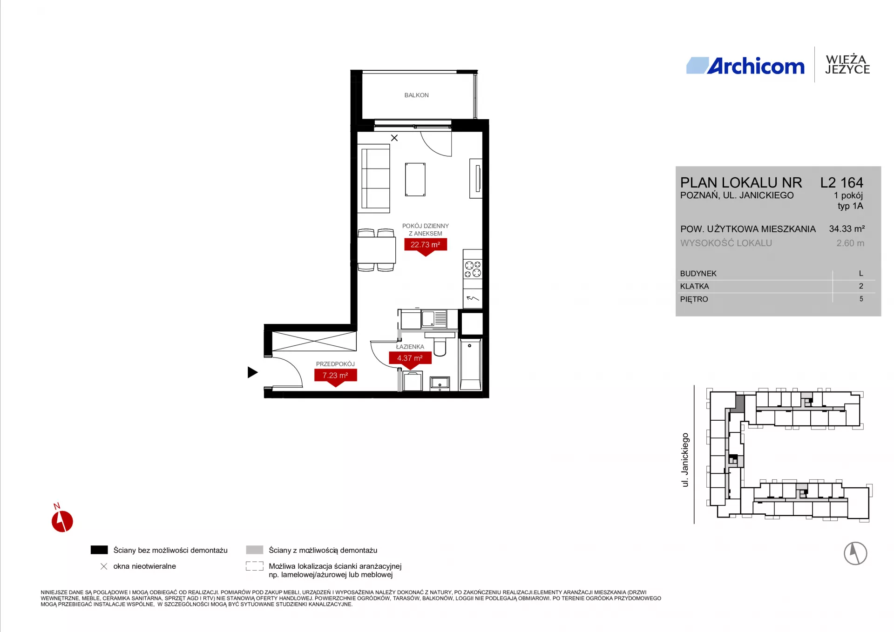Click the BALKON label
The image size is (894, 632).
[416, 95]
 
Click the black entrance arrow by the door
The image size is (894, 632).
[252, 372]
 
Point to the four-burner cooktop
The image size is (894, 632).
[473, 269]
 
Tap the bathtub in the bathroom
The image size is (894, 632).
[471, 364]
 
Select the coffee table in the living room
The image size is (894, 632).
[415, 180]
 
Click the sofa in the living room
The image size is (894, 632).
[374, 178]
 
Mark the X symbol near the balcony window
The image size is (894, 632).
[394, 138]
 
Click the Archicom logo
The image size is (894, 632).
[745, 66]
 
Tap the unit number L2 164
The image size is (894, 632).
[842, 182]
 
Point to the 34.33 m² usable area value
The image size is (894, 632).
[847, 229]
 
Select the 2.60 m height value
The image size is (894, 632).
[850, 243]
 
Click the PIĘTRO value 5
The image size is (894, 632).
[861, 299]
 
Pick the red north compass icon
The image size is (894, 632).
[62, 520]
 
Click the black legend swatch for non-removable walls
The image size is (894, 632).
[99, 550]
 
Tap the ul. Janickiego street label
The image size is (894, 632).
[685, 460]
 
